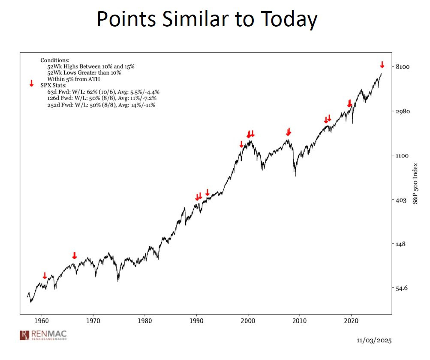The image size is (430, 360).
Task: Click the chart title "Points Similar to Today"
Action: point(207,19)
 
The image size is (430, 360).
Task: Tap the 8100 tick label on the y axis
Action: point(402,67)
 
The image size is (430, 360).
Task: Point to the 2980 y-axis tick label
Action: point(403,111)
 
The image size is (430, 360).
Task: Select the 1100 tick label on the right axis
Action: point(402,156)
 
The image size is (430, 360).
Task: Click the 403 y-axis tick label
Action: point(401,200)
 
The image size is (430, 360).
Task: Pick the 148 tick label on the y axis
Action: point(400,244)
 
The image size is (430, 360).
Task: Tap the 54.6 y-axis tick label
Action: point(402,288)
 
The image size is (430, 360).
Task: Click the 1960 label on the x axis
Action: point(42,321)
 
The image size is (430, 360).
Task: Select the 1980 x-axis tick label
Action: point(145,321)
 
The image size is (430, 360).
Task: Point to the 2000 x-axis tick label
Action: point(248,321)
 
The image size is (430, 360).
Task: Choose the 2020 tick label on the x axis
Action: point(351,321)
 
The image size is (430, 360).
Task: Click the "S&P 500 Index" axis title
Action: point(415,184)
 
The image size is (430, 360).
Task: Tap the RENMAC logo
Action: point(43,335)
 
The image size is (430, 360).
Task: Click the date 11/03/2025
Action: point(374,341)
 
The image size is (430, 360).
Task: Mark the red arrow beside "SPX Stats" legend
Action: point(32,83)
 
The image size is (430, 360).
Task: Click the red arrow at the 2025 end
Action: point(382,65)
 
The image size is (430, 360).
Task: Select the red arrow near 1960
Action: point(45,275)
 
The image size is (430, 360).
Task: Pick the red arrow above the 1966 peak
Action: point(74,255)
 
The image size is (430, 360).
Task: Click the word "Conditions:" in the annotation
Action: point(55,61)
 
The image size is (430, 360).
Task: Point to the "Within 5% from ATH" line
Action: point(74,79)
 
